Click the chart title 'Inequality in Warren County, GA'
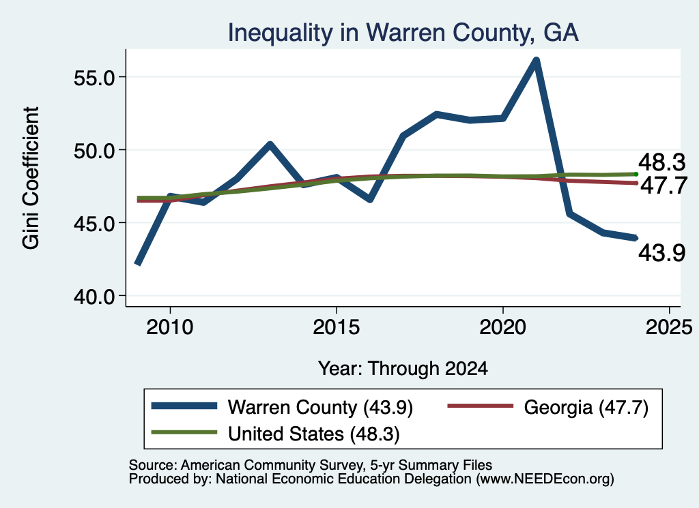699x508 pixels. coord(403,33)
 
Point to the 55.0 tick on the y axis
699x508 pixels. coord(94,78)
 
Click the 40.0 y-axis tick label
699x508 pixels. coord(94,296)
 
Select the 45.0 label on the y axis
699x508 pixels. coord(94,223)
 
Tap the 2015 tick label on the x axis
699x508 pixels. coord(336,327)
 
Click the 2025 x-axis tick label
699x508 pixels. coord(669,327)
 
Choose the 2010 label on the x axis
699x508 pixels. coord(170,327)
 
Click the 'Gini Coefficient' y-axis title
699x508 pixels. coord(31,178)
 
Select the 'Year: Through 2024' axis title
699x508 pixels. coord(403,369)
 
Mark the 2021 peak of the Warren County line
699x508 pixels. coord(537,60)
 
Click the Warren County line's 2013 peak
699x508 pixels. coord(270,144)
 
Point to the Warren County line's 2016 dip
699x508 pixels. coord(369,200)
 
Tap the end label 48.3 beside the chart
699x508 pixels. coord(661,162)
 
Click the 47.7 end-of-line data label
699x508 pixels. coord(664,185)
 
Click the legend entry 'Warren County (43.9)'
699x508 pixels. coord(282,407)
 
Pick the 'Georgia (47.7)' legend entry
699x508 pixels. coord(548,407)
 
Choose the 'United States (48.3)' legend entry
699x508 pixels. coord(276,434)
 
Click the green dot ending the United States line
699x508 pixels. coord(636,174)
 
